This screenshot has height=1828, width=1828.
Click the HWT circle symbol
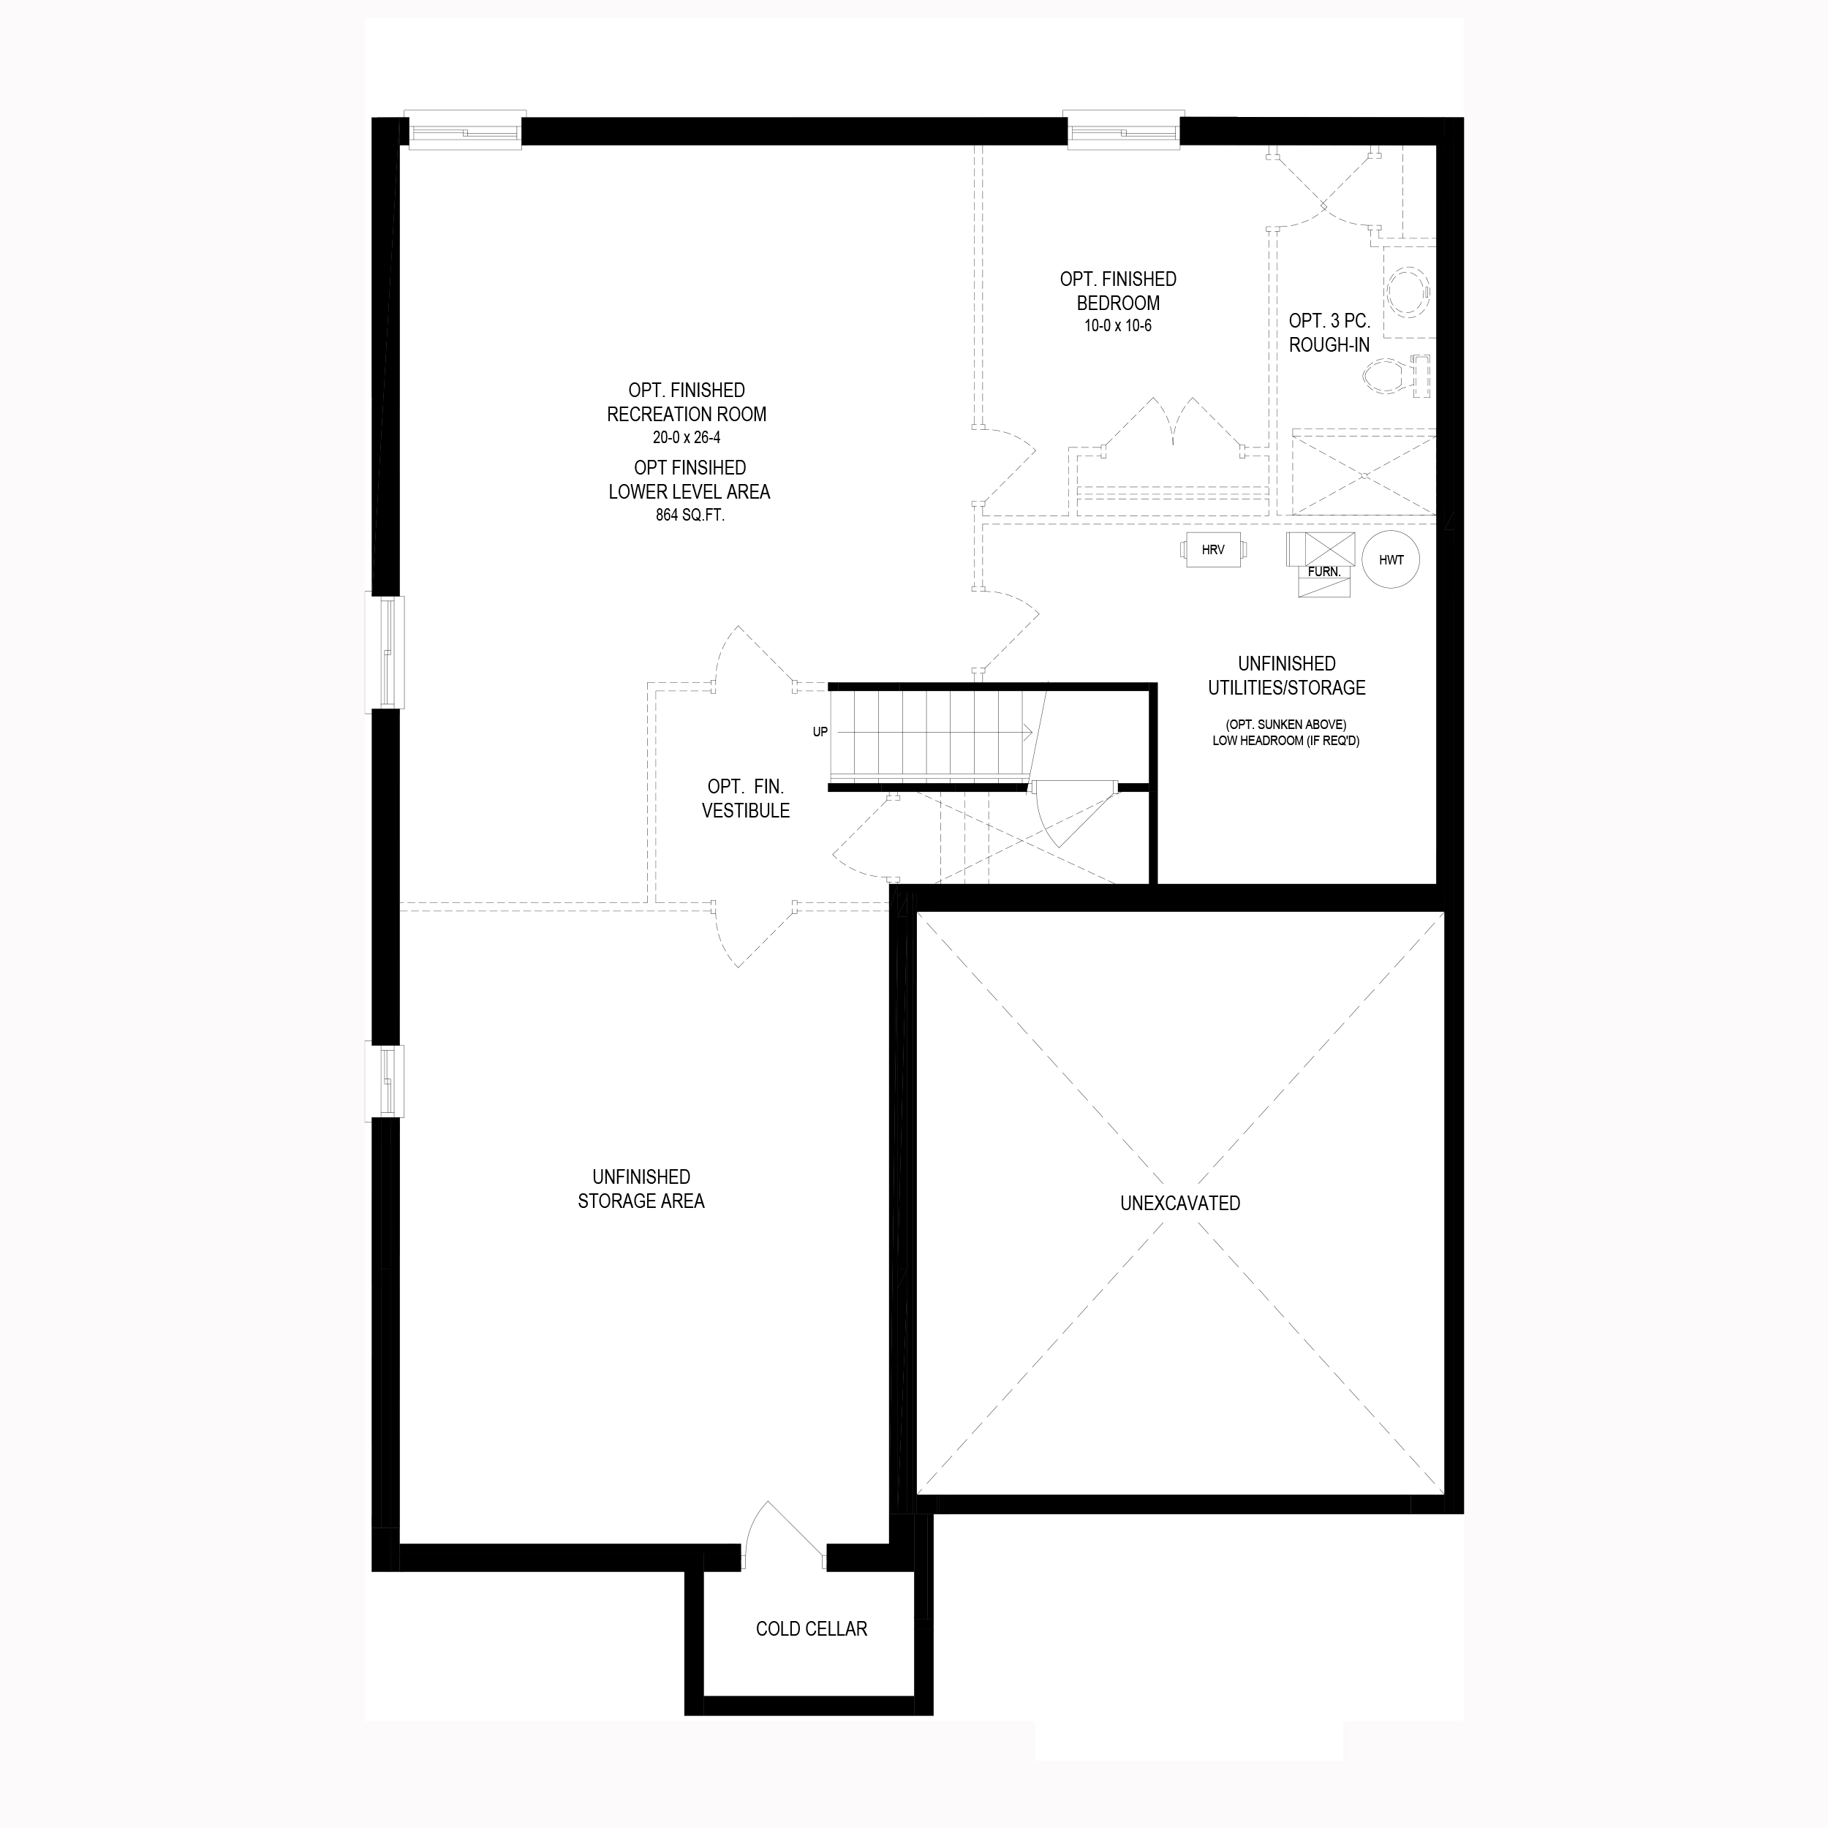click(x=1391, y=560)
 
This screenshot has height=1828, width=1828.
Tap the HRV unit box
click(x=1213, y=550)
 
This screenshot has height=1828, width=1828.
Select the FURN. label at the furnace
click(x=1323, y=573)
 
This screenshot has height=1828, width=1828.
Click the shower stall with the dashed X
click(x=1364, y=472)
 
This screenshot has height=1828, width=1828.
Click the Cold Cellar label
click(x=811, y=1629)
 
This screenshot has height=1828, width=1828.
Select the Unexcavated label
click(x=1180, y=1204)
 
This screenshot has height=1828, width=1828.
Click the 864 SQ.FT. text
click(x=690, y=515)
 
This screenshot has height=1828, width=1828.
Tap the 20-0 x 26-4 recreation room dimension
click(x=686, y=438)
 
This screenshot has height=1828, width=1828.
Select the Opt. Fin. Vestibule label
click(x=746, y=798)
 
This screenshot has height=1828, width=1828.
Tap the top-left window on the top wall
click(x=464, y=129)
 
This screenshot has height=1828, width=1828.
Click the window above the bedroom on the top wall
click(x=1123, y=129)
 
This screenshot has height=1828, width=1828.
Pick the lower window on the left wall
click(x=385, y=1082)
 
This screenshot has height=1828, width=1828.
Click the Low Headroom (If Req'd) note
click(x=1286, y=741)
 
